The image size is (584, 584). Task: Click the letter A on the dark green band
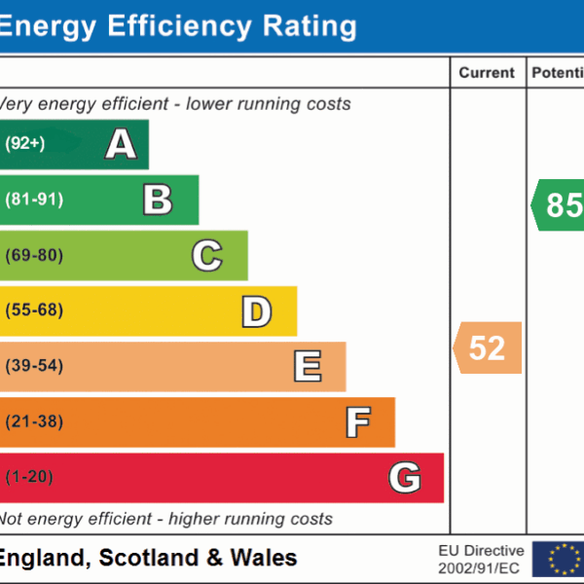pos(121,144)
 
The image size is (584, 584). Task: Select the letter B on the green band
pos(158,200)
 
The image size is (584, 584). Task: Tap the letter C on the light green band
pos(207,256)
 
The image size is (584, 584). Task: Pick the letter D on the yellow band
pos(256,311)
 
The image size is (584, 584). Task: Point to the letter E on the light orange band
pos(307,367)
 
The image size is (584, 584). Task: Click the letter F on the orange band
pos(357,422)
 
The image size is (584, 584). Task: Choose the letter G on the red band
pos(405,478)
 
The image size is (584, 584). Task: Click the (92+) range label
pos(25,144)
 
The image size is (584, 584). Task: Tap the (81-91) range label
pos(34,200)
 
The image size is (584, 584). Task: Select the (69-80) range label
pos(34,256)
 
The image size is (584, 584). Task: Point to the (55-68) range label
pos(34,311)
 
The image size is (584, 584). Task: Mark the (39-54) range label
pos(34,367)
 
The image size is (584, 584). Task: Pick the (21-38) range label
pos(34,422)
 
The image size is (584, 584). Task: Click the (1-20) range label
pos(29,478)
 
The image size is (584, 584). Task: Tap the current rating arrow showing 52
pos(488,347)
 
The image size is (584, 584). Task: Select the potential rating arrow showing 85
pos(560,205)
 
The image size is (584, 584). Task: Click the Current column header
pos(487,73)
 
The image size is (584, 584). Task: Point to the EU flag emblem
pos(559,559)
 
